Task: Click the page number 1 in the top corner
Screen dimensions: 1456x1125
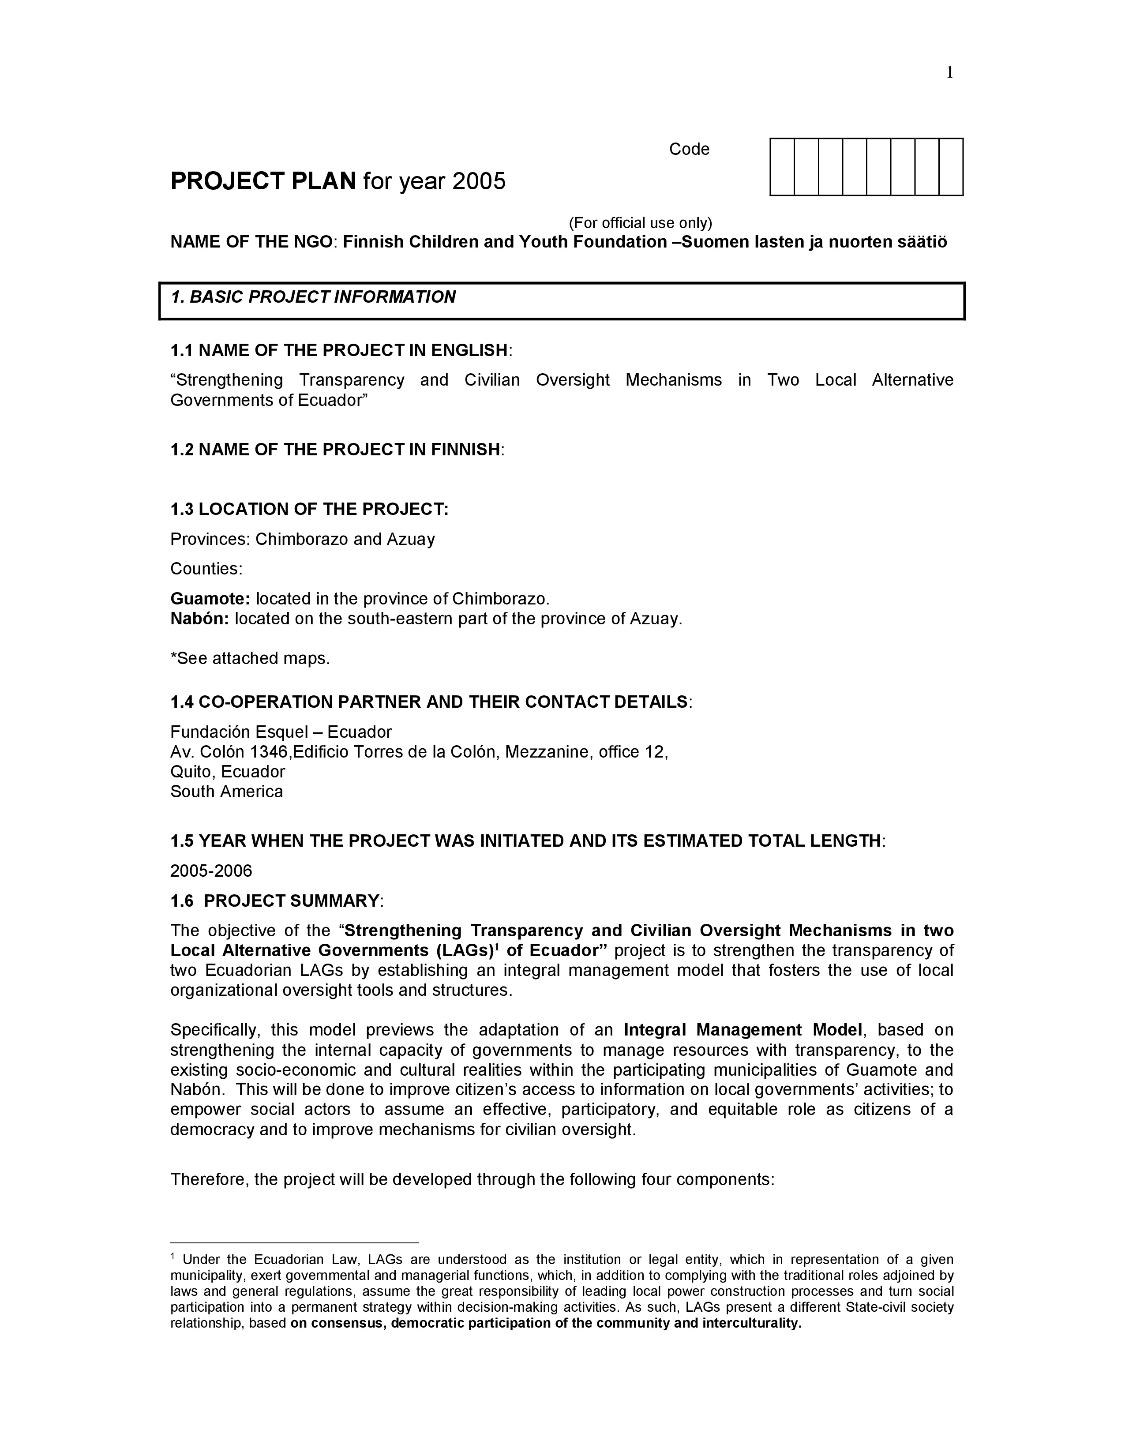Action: point(949,73)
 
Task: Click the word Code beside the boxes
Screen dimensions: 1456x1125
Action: point(689,149)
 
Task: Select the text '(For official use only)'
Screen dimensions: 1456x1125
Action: point(640,223)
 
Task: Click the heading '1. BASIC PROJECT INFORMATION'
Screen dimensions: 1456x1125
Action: point(313,297)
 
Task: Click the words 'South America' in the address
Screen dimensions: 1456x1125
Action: point(227,792)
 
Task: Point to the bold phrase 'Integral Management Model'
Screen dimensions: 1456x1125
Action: point(743,1030)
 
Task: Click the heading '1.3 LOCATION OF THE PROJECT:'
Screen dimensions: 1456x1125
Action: point(309,509)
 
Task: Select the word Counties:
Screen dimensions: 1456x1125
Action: point(206,569)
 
